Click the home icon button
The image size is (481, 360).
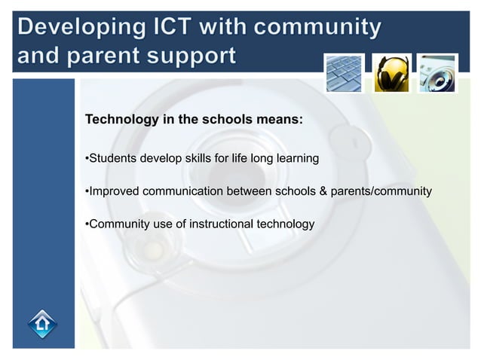42,325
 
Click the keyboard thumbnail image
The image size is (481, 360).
345,73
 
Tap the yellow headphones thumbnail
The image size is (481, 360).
392,73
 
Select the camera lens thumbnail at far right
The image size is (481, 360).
438,73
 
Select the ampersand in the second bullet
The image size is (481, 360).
323,191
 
